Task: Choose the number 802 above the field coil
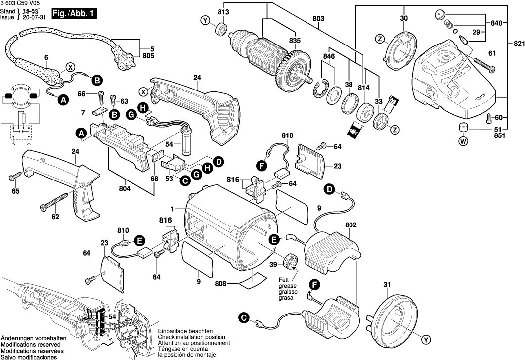[x=351, y=225]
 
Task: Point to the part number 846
[x=329, y=57]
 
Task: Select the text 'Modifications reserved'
[x=31, y=344]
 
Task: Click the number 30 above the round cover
[x=404, y=18]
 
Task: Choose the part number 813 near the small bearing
[x=223, y=11]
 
